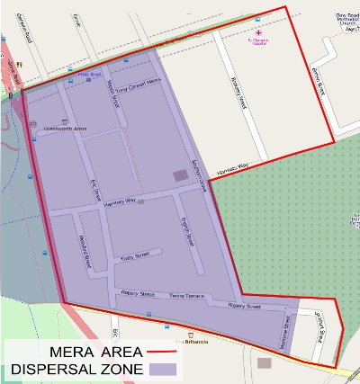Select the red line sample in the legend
[160, 351]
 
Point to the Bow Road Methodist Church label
[345, 21]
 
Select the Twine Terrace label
[187, 296]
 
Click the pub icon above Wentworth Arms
[64, 120]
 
